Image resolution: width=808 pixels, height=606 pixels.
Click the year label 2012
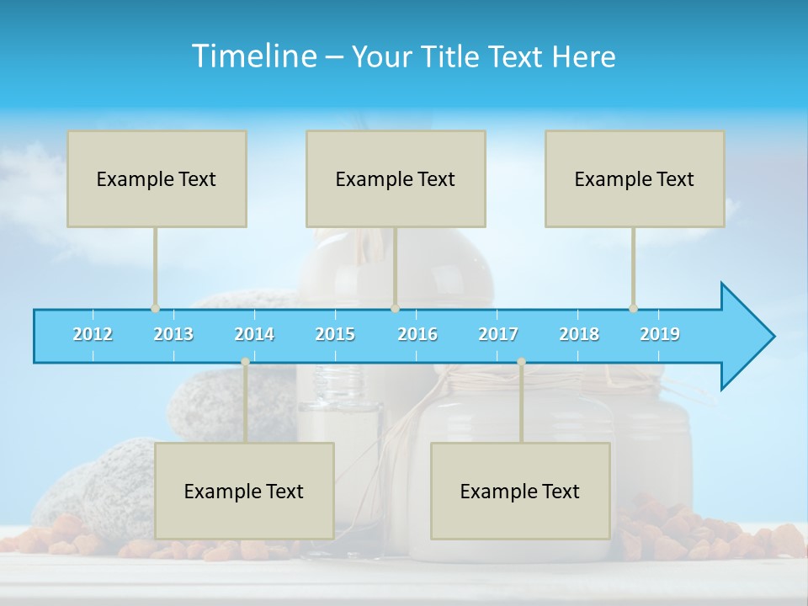tap(93, 334)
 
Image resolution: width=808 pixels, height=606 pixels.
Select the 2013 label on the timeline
tap(173, 334)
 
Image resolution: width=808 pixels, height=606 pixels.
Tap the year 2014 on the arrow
tap(254, 334)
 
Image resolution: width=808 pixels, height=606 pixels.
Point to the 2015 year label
tap(335, 334)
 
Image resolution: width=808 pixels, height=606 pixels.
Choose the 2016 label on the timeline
tap(417, 334)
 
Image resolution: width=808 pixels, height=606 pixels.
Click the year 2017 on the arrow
tap(498, 334)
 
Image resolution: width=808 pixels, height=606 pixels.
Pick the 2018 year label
tap(579, 334)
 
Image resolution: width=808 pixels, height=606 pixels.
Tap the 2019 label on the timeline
tap(660, 334)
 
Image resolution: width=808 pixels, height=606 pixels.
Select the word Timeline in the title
tap(252, 56)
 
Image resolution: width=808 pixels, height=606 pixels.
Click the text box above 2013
tap(157, 178)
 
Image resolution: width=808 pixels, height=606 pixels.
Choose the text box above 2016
tap(396, 178)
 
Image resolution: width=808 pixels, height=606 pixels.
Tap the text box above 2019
tap(635, 178)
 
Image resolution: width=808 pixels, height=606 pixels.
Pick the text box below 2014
tap(244, 491)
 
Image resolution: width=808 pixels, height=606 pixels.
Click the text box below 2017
tap(520, 491)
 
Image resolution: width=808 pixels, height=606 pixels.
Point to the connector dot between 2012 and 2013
tap(155, 309)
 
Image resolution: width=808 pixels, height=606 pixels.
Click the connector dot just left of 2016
tap(395, 309)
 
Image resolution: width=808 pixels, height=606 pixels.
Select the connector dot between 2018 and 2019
tap(633, 309)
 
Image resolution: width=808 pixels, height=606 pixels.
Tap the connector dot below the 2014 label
tap(245, 362)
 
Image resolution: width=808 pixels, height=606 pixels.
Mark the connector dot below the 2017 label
tap(521, 362)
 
